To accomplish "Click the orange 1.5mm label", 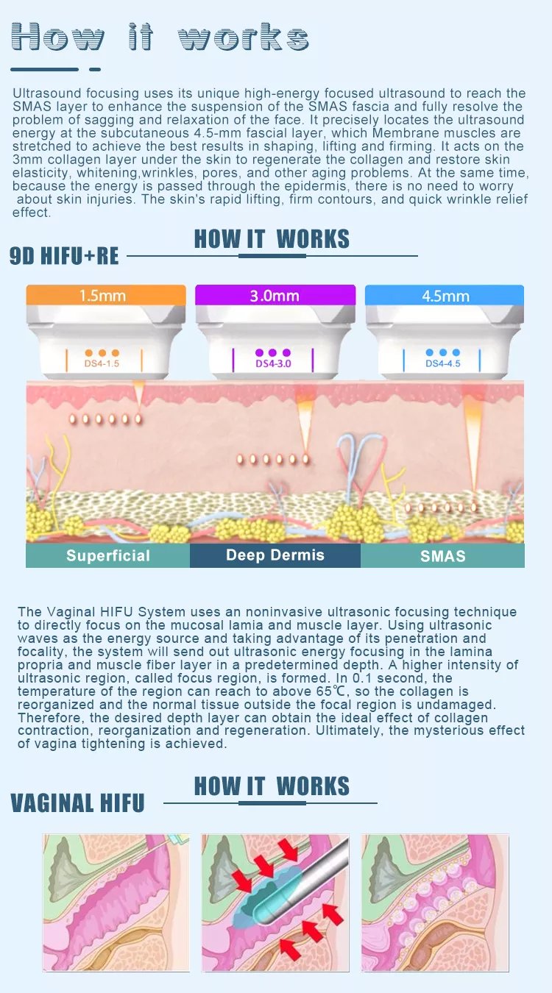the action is (x=102, y=296).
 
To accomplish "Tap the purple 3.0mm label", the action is (x=275, y=296).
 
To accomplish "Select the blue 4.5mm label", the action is (x=445, y=296).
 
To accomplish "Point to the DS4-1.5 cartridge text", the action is (x=102, y=363).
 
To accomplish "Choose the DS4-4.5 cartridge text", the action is (x=442, y=363).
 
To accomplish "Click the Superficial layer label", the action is (x=107, y=555).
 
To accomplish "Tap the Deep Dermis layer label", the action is (x=275, y=555).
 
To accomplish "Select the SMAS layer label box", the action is (x=442, y=555).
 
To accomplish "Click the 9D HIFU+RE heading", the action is (x=64, y=255).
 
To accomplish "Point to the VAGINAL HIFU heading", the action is (x=77, y=802).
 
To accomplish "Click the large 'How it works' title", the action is (x=160, y=37).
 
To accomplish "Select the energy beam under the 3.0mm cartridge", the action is (x=305, y=423).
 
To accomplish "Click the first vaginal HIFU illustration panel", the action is (x=116, y=902).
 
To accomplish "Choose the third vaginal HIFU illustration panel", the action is (x=435, y=902).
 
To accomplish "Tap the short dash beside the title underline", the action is (x=95, y=69).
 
